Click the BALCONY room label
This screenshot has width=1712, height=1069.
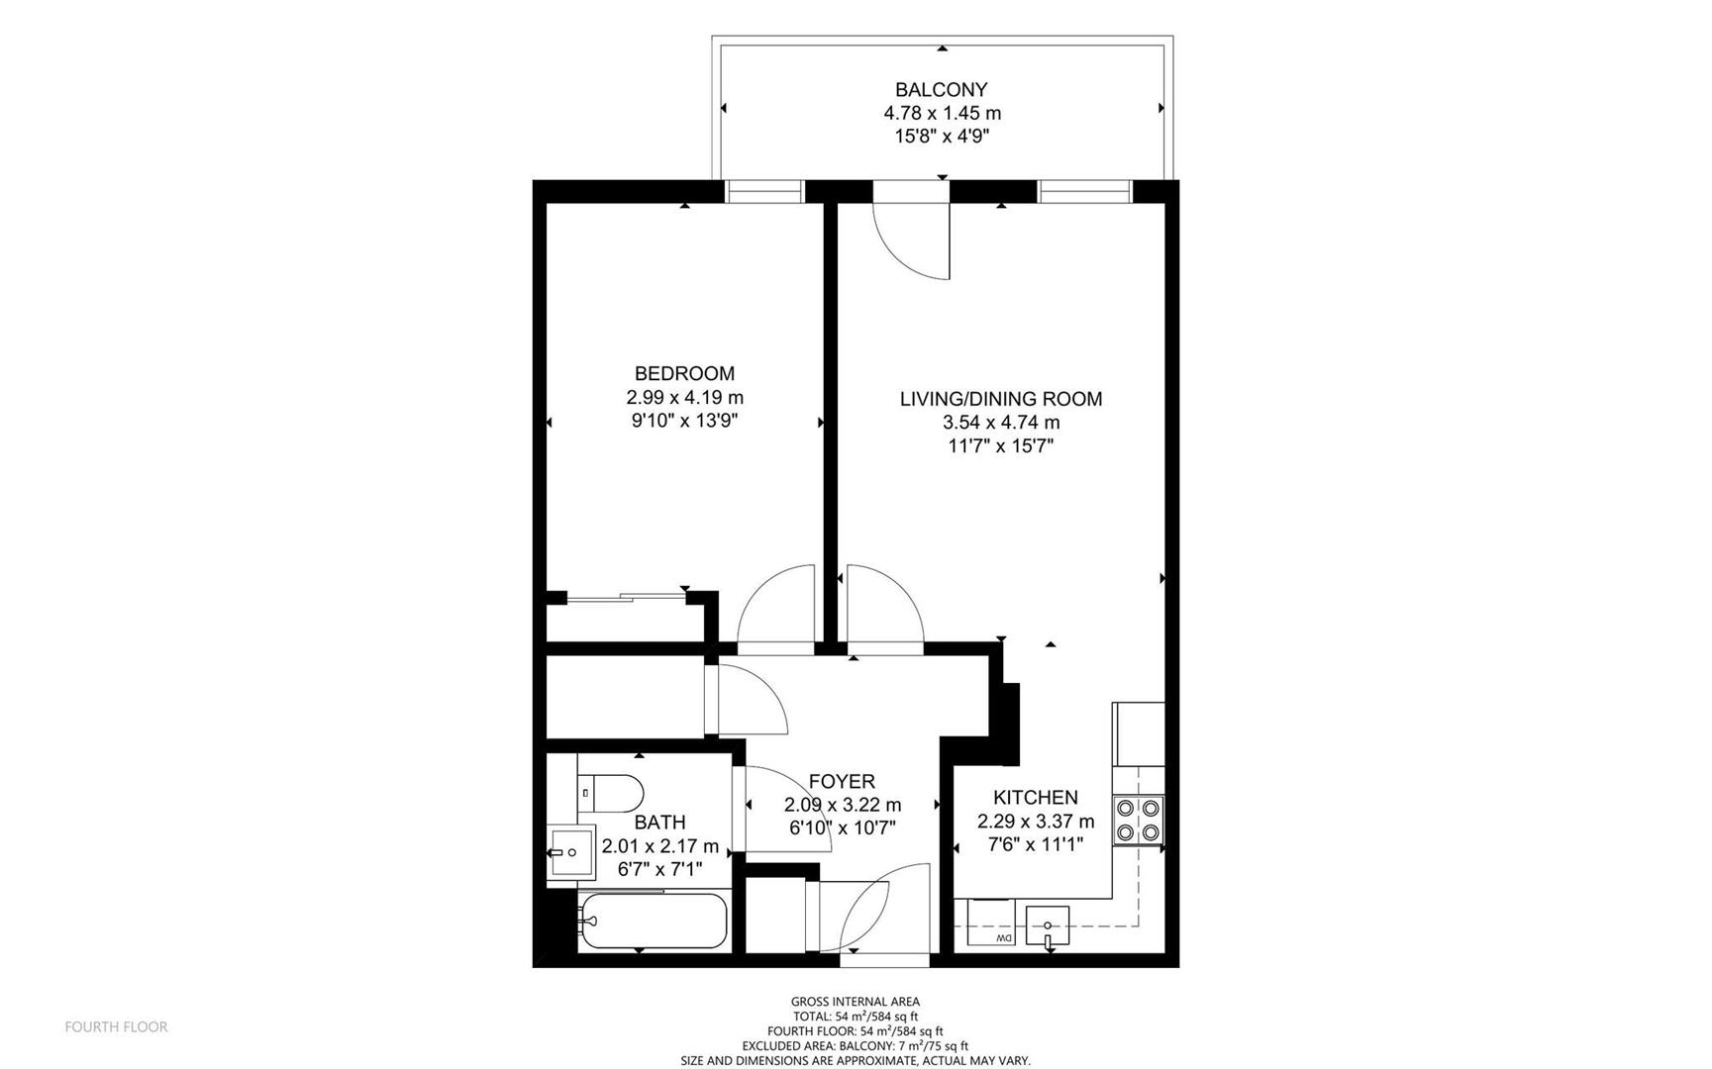[x=941, y=90]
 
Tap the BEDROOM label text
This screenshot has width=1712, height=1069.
[x=684, y=373]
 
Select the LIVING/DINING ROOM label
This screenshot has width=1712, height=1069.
[x=1000, y=399]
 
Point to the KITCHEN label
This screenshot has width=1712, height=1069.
[x=1036, y=797]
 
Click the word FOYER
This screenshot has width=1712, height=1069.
[x=842, y=781]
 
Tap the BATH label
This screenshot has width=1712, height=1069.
[x=659, y=822]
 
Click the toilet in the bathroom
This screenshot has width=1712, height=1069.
[x=610, y=793]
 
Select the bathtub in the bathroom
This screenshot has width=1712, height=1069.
[x=654, y=922]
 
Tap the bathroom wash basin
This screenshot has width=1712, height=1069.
[x=570, y=851]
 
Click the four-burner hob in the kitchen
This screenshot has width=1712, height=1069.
[x=1137, y=821]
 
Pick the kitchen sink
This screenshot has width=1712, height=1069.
[x=1048, y=926]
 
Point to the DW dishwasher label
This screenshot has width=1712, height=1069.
[x=1003, y=937]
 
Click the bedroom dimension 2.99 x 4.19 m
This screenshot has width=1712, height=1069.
[x=684, y=397]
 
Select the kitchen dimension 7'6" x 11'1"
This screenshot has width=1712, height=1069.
[x=1036, y=844]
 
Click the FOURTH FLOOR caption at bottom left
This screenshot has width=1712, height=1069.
[x=116, y=1027]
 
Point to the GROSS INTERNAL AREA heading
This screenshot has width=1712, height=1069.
[x=856, y=1002]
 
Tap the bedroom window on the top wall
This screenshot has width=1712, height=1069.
[x=764, y=191]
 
